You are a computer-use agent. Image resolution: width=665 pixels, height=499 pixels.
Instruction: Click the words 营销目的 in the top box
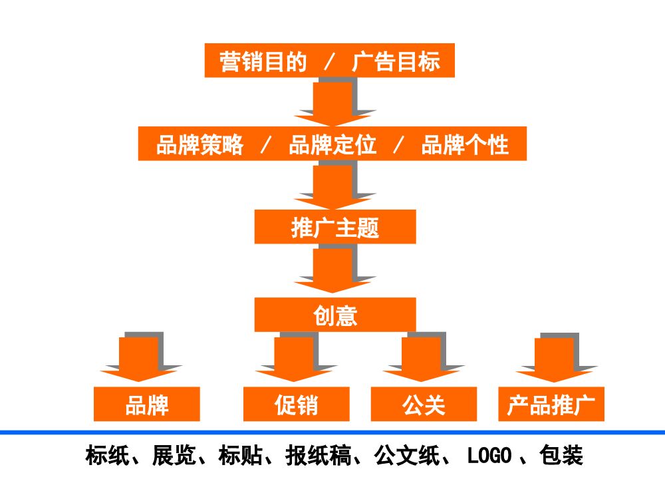click(263, 62)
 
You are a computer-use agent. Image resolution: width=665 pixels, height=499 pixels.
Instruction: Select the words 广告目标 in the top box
click(396, 62)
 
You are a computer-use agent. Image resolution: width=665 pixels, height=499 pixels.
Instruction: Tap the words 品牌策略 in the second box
click(199, 144)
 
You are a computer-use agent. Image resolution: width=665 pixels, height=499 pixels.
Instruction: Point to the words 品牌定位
click(332, 144)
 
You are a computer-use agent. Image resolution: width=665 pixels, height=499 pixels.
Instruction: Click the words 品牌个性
click(465, 144)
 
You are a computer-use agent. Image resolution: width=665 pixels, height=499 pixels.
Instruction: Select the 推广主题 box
click(335, 228)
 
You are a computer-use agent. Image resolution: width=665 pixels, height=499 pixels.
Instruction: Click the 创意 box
click(335, 315)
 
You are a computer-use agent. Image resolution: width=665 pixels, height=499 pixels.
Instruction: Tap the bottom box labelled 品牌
click(146, 405)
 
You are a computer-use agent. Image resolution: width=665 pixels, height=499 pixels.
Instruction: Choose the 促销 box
click(296, 405)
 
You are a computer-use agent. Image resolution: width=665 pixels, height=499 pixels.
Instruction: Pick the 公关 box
click(424, 405)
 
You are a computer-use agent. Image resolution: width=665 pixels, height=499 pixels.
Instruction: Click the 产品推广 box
click(551, 405)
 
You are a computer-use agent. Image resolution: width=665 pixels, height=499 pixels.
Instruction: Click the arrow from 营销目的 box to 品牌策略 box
click(332, 103)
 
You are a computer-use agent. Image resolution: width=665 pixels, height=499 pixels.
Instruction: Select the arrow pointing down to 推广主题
click(332, 187)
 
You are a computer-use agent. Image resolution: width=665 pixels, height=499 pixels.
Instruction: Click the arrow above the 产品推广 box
click(554, 359)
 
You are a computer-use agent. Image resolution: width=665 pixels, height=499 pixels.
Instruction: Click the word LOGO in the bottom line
click(489, 456)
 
